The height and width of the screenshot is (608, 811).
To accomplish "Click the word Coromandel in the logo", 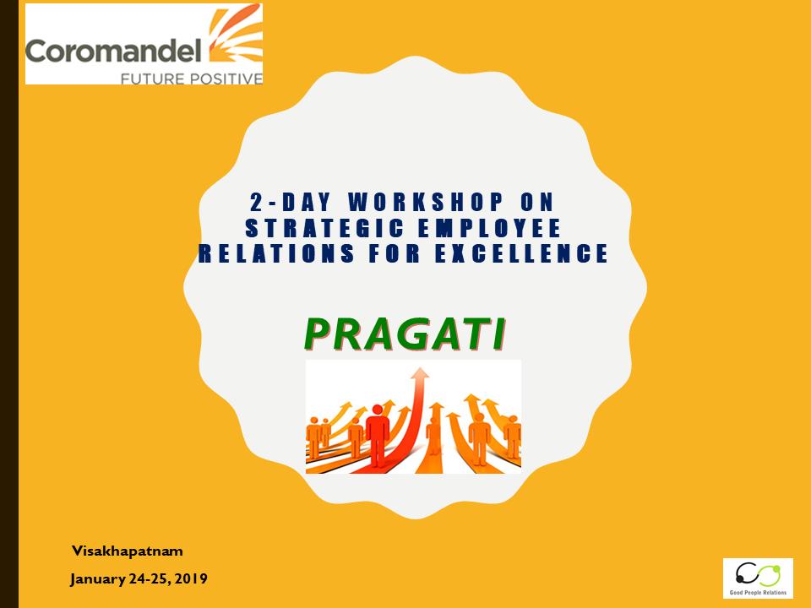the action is tap(113, 51).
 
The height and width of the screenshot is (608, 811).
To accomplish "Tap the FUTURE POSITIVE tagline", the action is tap(192, 79).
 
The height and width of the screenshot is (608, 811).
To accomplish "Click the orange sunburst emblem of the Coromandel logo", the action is tap(236, 36).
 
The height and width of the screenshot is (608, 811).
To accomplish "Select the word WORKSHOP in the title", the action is tap(425, 202).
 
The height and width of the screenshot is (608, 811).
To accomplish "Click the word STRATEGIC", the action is tap(324, 228).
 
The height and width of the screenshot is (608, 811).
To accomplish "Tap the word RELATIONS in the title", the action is tap(277, 253).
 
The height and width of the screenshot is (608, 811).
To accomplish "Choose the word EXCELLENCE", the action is tap(522, 253).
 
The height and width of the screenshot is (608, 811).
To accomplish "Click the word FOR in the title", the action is tap(395, 253).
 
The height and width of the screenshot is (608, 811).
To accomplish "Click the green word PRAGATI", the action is tap(405, 334).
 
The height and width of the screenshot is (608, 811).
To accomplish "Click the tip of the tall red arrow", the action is tap(422, 367).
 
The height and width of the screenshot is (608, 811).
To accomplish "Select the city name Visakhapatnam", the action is tap(128, 551).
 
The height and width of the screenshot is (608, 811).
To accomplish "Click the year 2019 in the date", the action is tap(191, 578).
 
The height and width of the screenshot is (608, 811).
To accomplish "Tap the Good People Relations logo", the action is tap(758, 578).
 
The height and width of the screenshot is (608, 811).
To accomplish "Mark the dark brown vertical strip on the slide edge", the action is tap(9, 304).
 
